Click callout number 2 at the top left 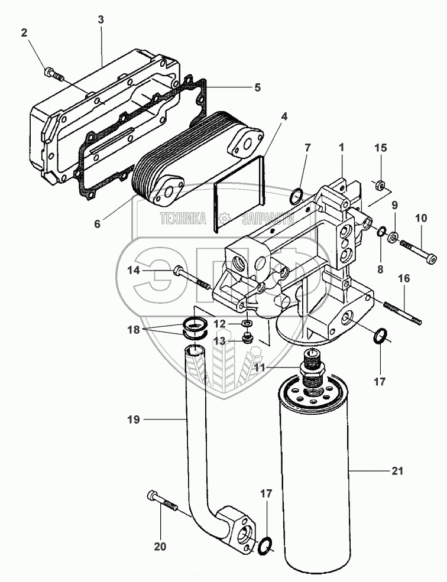point(24,32)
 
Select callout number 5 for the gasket point(257,87)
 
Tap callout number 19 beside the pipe point(134,420)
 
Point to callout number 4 point(284,116)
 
